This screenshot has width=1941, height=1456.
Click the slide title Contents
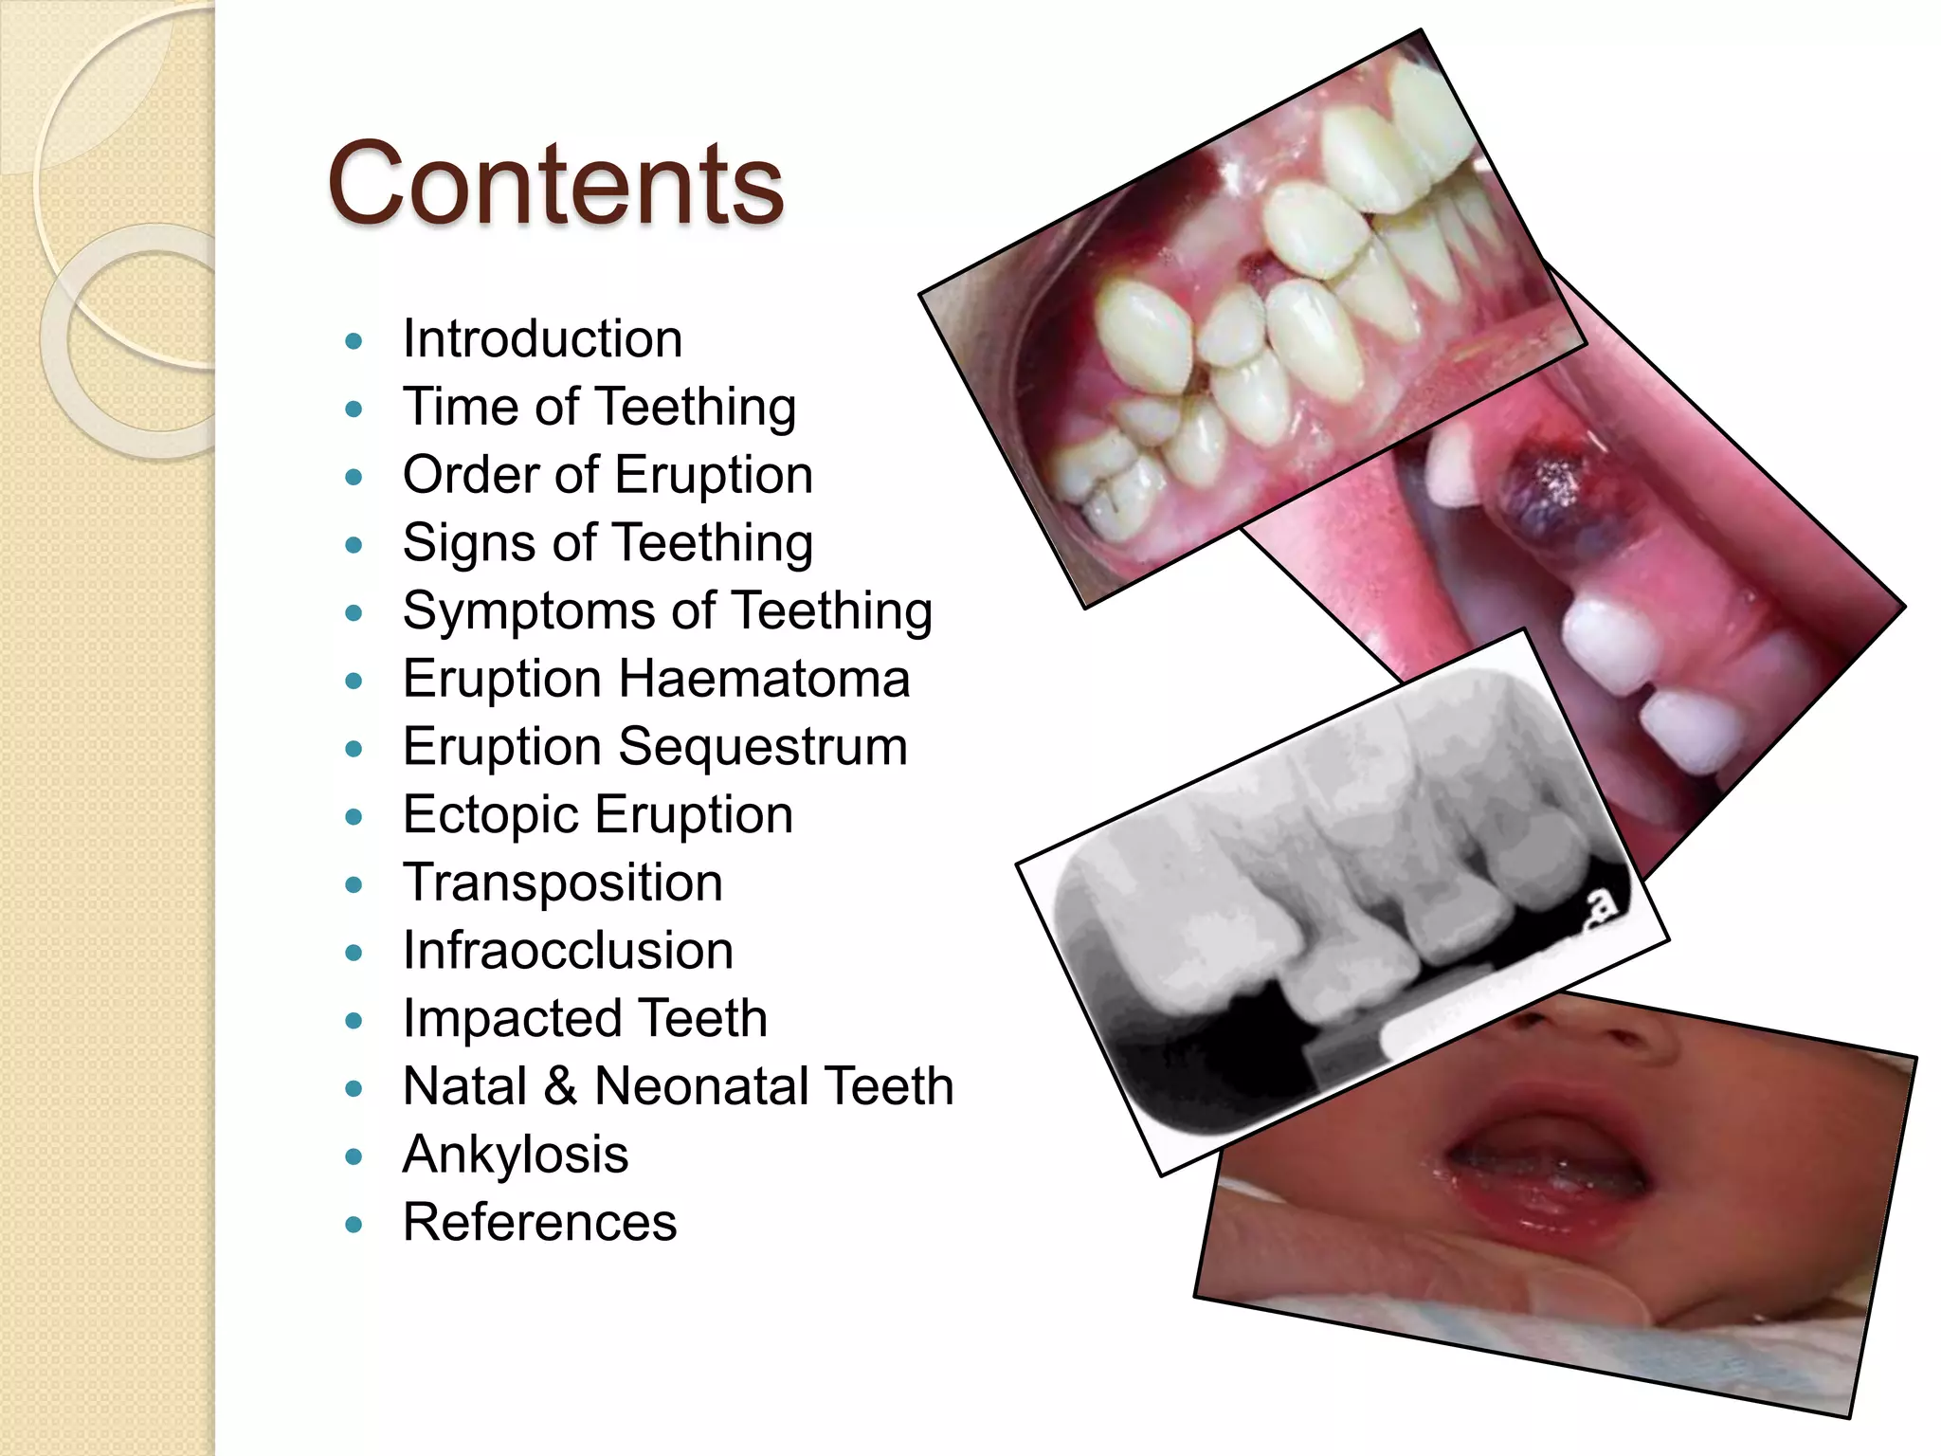[555, 185]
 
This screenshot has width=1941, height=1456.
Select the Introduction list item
[542, 339]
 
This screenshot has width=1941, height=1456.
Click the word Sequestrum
[763, 747]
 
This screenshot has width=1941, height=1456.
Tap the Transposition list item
[562, 883]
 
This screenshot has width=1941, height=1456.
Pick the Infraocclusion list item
[568, 951]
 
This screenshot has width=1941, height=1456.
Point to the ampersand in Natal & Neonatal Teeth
[560, 1087]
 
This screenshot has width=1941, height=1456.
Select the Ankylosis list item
[516, 1156]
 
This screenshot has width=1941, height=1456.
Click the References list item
[539, 1223]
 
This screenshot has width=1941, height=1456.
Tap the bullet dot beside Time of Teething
[354, 409]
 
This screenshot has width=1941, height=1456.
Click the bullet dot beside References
[354, 1225]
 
